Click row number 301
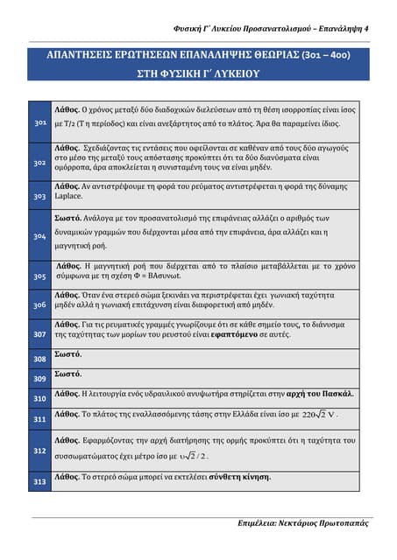tap(39, 124)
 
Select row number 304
tap(39, 236)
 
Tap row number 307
tap(39, 334)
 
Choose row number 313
tap(39, 481)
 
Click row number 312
tap(39, 450)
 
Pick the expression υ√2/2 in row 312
tap(188, 456)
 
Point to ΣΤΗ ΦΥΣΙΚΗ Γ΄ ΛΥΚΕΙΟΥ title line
tap(198, 74)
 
